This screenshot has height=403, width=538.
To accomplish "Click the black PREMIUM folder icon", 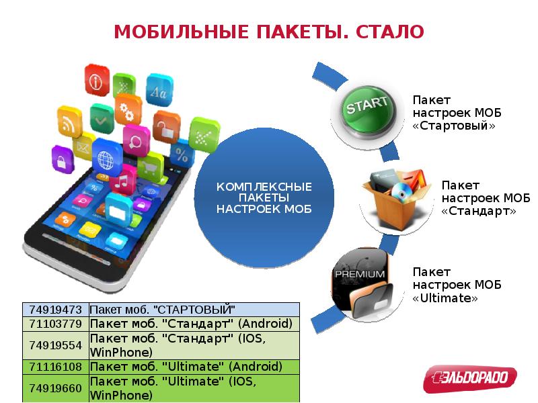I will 363,281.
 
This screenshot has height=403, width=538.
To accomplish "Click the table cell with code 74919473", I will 55,310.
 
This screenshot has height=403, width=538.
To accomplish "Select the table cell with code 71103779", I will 55,324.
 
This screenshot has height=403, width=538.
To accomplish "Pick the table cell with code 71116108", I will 55,367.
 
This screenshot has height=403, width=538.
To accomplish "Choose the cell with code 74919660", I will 55,388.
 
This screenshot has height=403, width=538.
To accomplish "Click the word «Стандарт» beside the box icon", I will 479,210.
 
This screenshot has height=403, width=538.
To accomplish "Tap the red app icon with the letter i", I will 97,80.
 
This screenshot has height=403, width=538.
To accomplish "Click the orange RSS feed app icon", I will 68,122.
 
